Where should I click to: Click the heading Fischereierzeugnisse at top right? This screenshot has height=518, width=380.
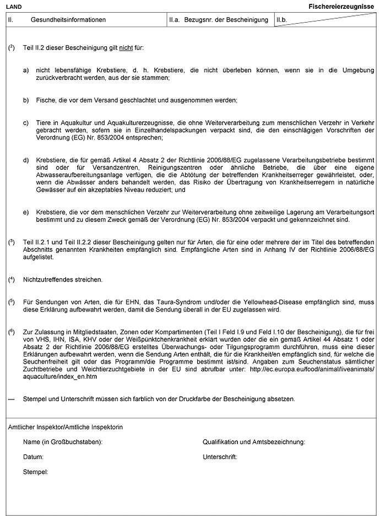point(341,6)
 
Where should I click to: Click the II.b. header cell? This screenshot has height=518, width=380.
point(281,20)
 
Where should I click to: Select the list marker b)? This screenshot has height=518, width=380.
point(26,100)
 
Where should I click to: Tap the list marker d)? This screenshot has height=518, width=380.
point(26,160)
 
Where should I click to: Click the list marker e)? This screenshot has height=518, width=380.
point(26,212)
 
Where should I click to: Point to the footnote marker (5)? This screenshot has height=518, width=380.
point(12,302)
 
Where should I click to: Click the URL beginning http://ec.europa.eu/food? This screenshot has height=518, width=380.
point(314,369)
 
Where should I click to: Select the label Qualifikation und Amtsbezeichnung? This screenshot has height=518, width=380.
point(254,442)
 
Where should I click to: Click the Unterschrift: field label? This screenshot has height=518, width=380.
point(220,457)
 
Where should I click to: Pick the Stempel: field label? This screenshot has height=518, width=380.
point(36,472)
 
